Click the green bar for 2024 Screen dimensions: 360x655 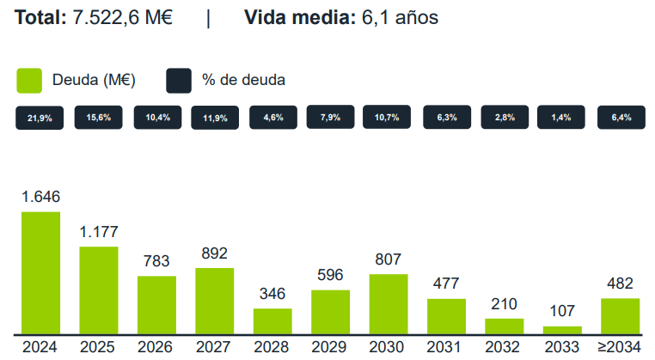coord(40,272)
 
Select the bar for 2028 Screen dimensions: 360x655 coord(272,320)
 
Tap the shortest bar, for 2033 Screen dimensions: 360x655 coord(562,329)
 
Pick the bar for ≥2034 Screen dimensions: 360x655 coord(620,315)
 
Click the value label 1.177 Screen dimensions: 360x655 coord(99,232)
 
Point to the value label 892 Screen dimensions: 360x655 coord(214,253)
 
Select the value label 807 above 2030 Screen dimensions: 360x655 coord(389,259)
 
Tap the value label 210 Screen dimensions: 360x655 coord(505,303)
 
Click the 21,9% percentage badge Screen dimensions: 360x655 coord(40,119)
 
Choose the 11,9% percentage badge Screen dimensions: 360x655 coord(215,119)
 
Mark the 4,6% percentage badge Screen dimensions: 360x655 coord(273,118)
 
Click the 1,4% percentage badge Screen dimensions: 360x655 coord(562,118)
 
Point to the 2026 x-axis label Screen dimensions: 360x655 coord(156,347)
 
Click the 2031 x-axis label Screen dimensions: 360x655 coord(446,347)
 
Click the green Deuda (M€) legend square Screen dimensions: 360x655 coord(30,80)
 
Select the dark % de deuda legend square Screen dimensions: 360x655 coord(178,80)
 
